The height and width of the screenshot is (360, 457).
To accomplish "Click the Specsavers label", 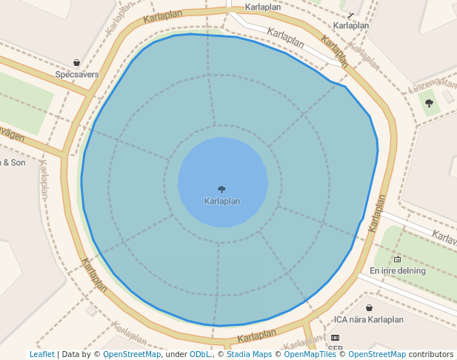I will [77, 75].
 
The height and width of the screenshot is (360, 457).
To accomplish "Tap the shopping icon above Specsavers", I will [77, 63].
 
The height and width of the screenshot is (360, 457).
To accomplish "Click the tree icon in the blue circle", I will [221, 190].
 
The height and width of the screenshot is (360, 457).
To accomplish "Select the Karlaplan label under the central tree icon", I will [221, 201].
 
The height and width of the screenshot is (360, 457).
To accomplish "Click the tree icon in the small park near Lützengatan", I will [430, 103].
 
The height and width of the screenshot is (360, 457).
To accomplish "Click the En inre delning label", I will [398, 270].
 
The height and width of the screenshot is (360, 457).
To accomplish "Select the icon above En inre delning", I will [398, 259].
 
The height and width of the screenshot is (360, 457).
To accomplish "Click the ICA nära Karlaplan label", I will [369, 320].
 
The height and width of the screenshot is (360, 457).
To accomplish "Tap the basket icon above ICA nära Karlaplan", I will [369, 307].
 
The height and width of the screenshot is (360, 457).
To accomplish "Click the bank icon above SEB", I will [336, 337].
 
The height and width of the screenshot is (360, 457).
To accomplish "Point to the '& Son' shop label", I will [13, 162].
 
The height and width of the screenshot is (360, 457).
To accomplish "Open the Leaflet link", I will [41, 354].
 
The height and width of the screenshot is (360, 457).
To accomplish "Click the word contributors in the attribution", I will [431, 354].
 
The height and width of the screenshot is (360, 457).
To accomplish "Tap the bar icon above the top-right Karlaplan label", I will [350, 14].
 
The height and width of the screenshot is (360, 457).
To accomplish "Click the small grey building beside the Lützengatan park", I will [449, 96].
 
